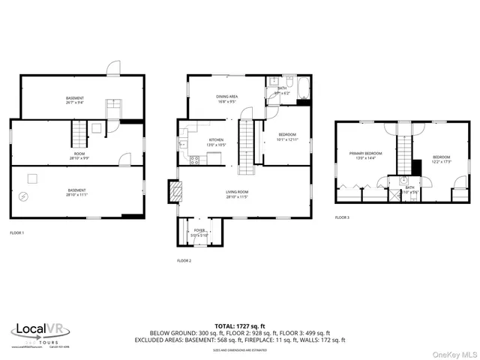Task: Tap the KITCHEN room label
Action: (216, 140)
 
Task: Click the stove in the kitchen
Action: (195, 158)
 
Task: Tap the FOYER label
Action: (199, 231)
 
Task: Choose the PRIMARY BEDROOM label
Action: (365, 153)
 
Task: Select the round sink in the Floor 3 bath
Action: (403, 188)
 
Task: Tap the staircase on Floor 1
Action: (79, 136)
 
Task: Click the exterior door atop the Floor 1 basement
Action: (112, 68)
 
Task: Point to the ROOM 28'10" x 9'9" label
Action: (79, 155)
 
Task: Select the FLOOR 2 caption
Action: (184, 260)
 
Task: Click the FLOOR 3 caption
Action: (342, 217)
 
